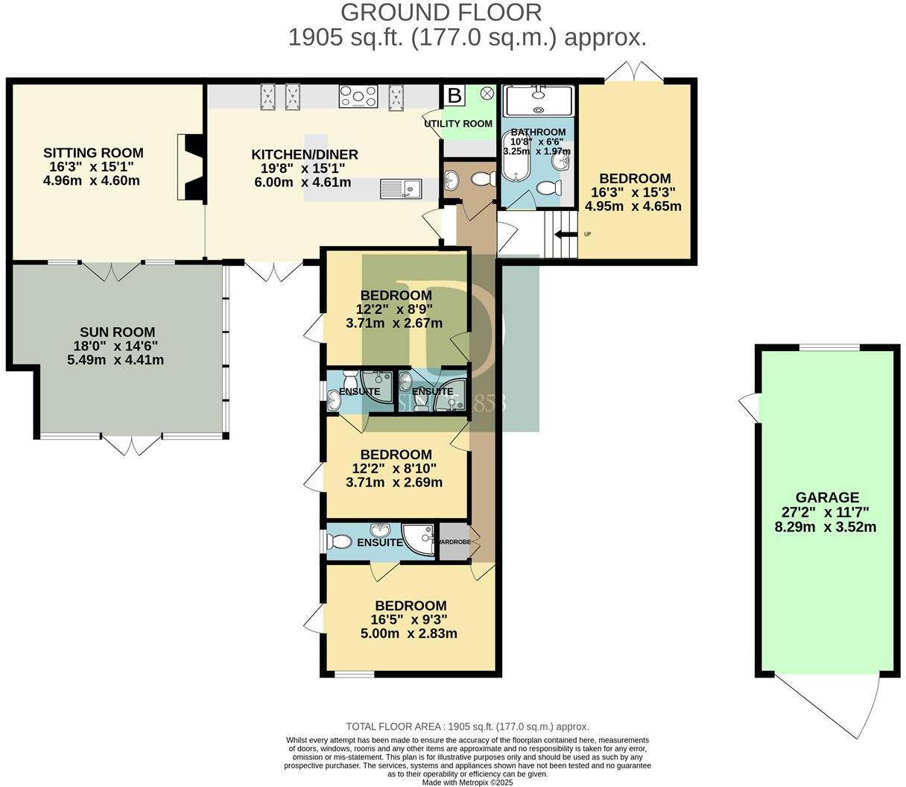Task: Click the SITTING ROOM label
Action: coord(93,154)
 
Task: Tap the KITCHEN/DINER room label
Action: coord(305,155)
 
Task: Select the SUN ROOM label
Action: coord(118,332)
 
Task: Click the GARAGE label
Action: coord(826,497)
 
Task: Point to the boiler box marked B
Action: coord(453,96)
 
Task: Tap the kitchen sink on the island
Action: coord(400,188)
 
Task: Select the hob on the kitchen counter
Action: coord(359,96)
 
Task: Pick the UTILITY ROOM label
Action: coord(458,123)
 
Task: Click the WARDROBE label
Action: coord(454,542)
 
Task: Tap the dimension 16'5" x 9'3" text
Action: coord(411,620)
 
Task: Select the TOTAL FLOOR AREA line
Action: coord(467,727)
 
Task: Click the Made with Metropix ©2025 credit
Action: coord(467,783)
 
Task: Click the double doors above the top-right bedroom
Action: coord(633,72)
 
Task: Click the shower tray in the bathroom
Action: coord(539,101)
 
